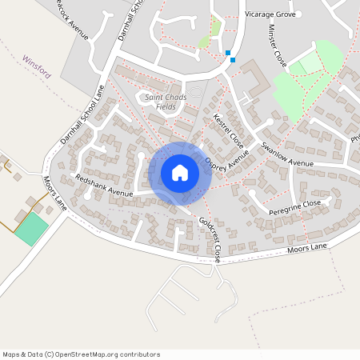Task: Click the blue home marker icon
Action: pos(180,172)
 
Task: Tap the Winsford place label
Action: pos(37,66)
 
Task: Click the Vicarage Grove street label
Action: pos(270,14)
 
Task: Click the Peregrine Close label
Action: pos(294,205)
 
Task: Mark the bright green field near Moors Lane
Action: pos(30,230)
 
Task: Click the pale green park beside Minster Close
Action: pos(300,80)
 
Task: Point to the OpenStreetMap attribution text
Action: pos(81,354)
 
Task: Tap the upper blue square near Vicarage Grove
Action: pos(229,53)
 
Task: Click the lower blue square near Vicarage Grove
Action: pos(233,59)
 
